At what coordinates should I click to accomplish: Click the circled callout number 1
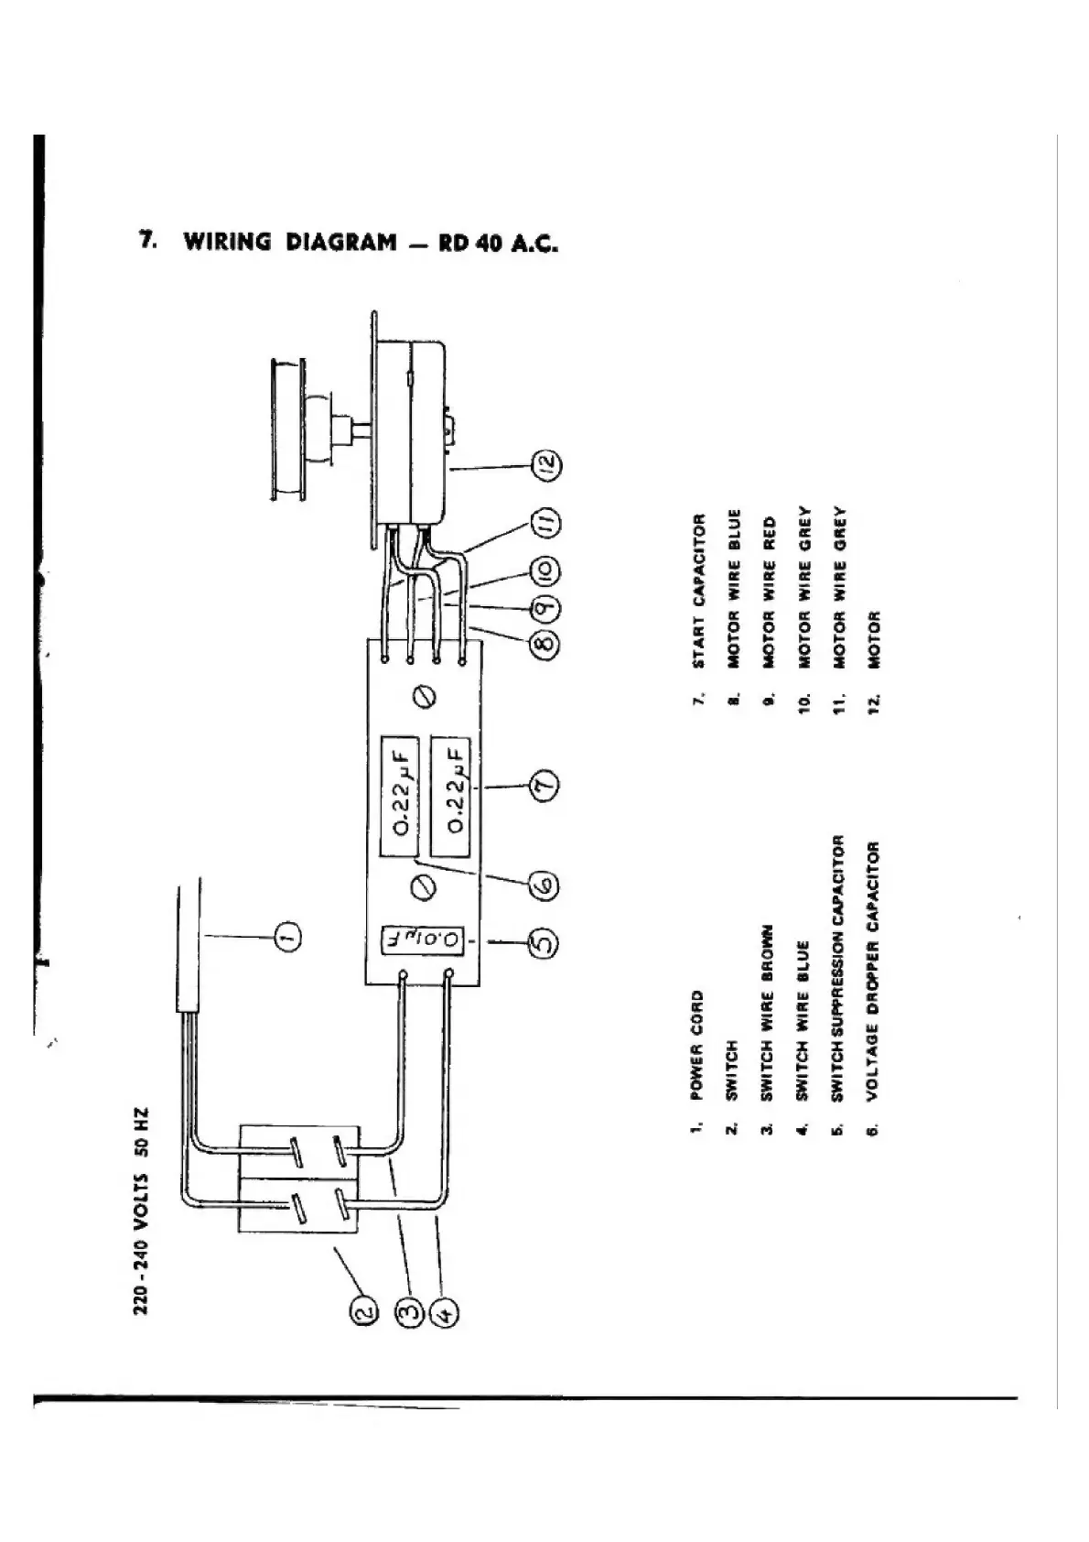[287, 935]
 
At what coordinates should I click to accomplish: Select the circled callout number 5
[545, 942]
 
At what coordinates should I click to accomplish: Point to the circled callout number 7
[545, 787]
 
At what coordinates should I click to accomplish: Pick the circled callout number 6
[545, 886]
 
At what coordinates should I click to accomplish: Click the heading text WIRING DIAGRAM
[290, 243]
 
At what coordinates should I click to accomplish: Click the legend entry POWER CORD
[697, 1045]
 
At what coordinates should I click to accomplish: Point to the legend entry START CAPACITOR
[699, 591]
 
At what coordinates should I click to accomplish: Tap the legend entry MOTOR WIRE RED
[769, 592]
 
